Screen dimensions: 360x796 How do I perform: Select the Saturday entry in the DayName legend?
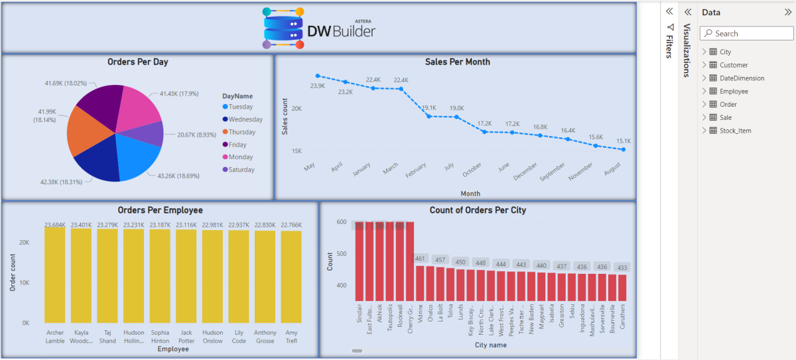[241, 170]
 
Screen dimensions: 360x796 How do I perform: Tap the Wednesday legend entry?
[245, 119]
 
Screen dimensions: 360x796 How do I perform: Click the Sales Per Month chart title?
[457, 62]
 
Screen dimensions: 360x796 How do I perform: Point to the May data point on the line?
[318, 76]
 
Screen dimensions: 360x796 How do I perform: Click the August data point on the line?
[624, 150]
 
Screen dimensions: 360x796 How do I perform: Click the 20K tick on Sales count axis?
[296, 109]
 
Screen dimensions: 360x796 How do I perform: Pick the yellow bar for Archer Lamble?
[55, 275]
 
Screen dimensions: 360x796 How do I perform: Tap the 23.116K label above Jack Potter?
[186, 225]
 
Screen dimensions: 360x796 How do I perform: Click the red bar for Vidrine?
[420, 283]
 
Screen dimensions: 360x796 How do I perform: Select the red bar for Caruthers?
[622, 288]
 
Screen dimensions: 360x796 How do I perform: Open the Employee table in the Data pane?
[733, 91]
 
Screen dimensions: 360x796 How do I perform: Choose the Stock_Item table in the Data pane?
[735, 131]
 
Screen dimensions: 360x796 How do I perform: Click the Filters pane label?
[669, 42]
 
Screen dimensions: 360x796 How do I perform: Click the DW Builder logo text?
[341, 31]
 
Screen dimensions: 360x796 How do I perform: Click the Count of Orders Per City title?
[478, 210]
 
